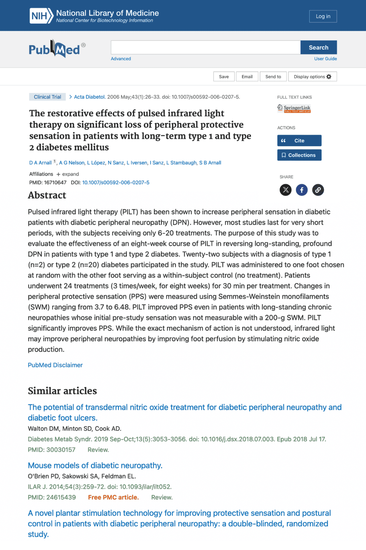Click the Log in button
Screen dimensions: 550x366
click(x=323, y=16)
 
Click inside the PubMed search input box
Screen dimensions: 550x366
click(x=205, y=47)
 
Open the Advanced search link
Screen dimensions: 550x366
click(x=121, y=59)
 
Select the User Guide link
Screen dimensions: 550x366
click(x=325, y=59)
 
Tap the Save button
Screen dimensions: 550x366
click(x=224, y=77)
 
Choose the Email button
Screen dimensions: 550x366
click(x=247, y=77)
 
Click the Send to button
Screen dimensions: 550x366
click(x=273, y=77)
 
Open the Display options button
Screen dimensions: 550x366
click(x=312, y=77)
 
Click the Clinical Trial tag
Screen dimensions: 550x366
click(x=47, y=97)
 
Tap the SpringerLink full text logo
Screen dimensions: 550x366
click(x=294, y=109)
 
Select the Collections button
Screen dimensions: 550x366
click(x=299, y=155)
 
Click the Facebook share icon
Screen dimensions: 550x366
click(x=302, y=190)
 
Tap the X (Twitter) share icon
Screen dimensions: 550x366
click(x=286, y=190)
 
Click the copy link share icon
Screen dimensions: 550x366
click(x=318, y=190)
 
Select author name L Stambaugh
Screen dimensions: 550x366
click(x=181, y=163)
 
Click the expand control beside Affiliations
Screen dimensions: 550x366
click(x=68, y=174)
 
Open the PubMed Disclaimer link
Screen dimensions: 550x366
click(x=55, y=365)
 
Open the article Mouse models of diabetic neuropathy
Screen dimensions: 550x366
click(x=95, y=465)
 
